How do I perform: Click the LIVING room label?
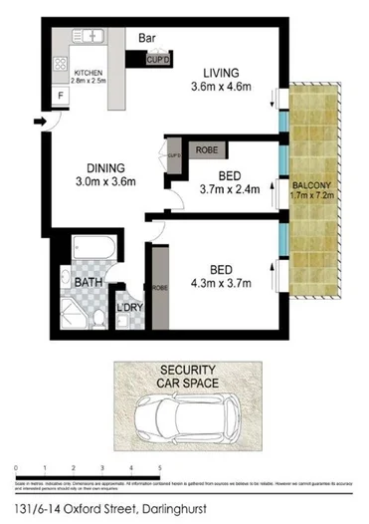(220, 72)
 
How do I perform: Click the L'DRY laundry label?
(131, 307)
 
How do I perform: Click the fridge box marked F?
(61, 96)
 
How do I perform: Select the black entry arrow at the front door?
(39, 123)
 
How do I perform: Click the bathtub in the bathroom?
(81, 254)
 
